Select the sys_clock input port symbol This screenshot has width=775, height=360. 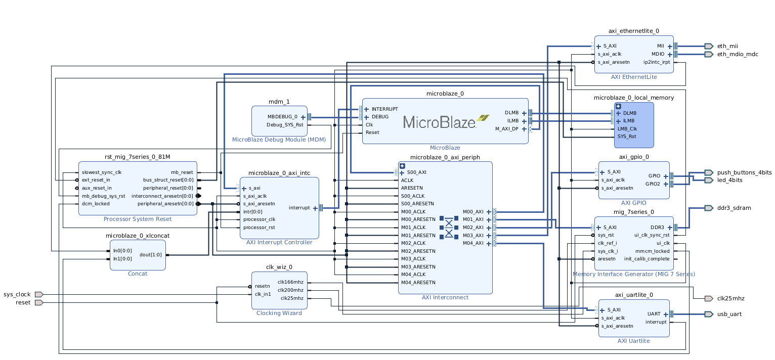tap(39, 295)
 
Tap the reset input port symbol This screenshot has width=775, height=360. tap(39, 302)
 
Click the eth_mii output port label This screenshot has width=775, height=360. tap(727, 46)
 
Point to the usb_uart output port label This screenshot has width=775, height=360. tap(729, 314)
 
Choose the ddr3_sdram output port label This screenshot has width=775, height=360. tap(734, 208)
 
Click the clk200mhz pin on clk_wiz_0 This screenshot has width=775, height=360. tap(290, 290)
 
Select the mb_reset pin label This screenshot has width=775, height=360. tap(182, 172)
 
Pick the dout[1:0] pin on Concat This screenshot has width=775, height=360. tap(151, 255)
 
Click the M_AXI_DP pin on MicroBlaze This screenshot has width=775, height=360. tap(506, 129)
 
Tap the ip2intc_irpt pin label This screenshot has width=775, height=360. tap(657, 62)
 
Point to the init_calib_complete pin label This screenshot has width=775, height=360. tap(647, 259)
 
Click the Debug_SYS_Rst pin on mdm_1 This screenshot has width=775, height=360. tap(285, 125)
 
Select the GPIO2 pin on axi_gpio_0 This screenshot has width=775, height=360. tap(653, 184)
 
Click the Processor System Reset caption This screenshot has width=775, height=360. tap(138, 219)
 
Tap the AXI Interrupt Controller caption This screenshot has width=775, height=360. tap(279, 242)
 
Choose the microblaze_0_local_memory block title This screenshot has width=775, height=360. tap(634, 98)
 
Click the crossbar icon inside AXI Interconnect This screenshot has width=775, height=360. tap(449, 228)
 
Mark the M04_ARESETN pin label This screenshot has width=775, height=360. tap(418, 283)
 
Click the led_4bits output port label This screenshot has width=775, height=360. tap(729, 180)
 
